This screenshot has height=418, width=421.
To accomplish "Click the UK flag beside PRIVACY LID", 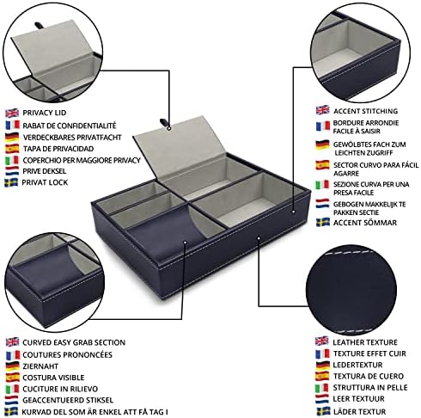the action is click(12, 113).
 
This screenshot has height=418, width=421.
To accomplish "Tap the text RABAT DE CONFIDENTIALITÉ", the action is click(70, 126).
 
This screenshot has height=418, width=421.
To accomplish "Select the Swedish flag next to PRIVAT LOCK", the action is click(11, 182).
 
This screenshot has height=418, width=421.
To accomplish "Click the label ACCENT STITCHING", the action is click(366, 111).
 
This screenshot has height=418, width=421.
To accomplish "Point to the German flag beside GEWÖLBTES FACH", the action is click(322, 144).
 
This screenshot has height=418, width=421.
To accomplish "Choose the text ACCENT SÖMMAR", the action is click(365, 223).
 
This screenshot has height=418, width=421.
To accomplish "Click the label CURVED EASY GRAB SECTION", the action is click(74, 342).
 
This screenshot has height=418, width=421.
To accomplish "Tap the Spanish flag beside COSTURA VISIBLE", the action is click(13, 378).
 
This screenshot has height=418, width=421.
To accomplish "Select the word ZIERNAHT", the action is click(40, 366).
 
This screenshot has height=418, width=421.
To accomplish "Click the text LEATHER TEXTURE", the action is click(365, 342).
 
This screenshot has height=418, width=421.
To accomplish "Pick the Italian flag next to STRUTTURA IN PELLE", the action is click(322, 388).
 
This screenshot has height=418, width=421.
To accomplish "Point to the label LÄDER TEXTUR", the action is click(359, 412).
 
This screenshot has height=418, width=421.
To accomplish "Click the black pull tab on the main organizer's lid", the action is click(163, 122).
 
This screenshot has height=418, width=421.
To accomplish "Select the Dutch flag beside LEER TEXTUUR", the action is click(322, 399).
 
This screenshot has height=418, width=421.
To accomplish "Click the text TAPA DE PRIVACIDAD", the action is click(58, 149).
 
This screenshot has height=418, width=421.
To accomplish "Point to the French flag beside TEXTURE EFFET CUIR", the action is click(322, 353).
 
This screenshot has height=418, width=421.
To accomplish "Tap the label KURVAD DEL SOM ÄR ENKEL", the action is click(95, 412).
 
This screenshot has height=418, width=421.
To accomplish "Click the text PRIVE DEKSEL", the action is click(45, 171).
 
